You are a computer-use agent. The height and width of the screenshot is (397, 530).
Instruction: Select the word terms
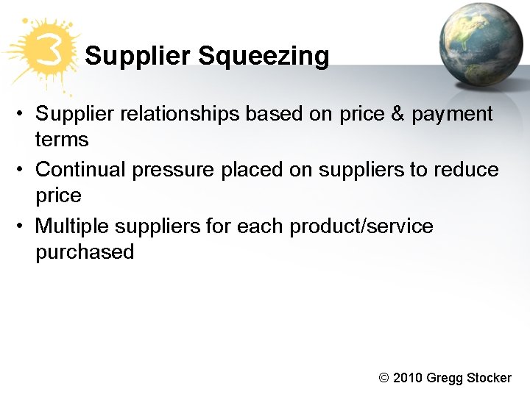62,140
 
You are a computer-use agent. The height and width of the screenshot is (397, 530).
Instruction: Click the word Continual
81,170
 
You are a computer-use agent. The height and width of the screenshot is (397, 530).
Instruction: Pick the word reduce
466,170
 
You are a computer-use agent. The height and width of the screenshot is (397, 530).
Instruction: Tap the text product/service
361,226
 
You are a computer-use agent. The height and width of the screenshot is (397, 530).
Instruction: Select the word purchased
85,252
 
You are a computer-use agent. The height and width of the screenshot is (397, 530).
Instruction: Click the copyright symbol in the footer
384,378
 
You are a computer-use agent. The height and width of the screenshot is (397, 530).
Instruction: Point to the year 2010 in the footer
408,378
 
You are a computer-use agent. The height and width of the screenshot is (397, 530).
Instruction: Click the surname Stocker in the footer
489,378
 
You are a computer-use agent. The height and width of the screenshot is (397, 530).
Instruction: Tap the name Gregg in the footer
445,378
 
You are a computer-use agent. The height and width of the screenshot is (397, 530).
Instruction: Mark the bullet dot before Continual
24,170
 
